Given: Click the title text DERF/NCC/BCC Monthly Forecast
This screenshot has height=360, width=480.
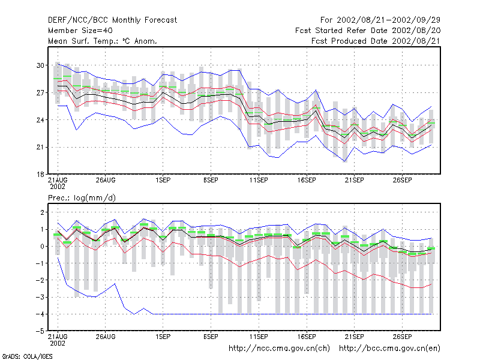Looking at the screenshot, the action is pyautogui.click(x=112, y=20).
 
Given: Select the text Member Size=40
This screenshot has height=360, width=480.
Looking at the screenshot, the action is pyautogui.click(x=80, y=31).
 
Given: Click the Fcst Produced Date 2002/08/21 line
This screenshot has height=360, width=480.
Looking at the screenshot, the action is pyautogui.click(x=376, y=41).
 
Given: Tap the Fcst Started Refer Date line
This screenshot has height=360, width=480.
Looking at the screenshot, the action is pyautogui.click(x=368, y=31).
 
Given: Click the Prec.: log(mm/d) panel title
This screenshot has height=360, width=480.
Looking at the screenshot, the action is pyautogui.click(x=82, y=198).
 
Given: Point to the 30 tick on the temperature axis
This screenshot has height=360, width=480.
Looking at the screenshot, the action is pyautogui.click(x=40, y=65).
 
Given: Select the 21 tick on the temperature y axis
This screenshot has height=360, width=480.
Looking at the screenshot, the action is pyautogui.click(x=40, y=147).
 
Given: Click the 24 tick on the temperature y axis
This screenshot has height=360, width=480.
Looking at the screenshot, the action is pyautogui.click(x=40, y=120).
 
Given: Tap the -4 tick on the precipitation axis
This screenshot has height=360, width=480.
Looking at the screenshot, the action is pyautogui.click(x=40, y=314).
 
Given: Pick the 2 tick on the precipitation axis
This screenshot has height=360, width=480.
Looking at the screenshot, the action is pyautogui.click(x=42, y=212).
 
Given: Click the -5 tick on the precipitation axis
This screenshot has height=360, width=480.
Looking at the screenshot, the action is pyautogui.click(x=40, y=331).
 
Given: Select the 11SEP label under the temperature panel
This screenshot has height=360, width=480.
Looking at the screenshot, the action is pyautogui.click(x=259, y=181).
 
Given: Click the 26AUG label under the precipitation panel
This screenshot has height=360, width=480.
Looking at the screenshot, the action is pyautogui.click(x=106, y=337).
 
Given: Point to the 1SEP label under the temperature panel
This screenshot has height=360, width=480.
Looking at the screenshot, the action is pyautogui.click(x=163, y=181).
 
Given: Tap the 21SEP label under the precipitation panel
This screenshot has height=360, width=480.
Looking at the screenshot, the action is pyautogui.click(x=354, y=337).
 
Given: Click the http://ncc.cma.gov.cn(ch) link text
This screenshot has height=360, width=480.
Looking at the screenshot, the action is pyautogui.click(x=279, y=349).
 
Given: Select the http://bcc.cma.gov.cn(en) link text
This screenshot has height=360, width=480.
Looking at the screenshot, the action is pyautogui.click(x=389, y=349).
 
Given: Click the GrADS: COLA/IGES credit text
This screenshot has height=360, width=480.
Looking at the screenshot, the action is pyautogui.click(x=27, y=356).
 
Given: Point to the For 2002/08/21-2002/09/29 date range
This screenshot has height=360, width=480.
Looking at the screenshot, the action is pyautogui.click(x=380, y=20).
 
